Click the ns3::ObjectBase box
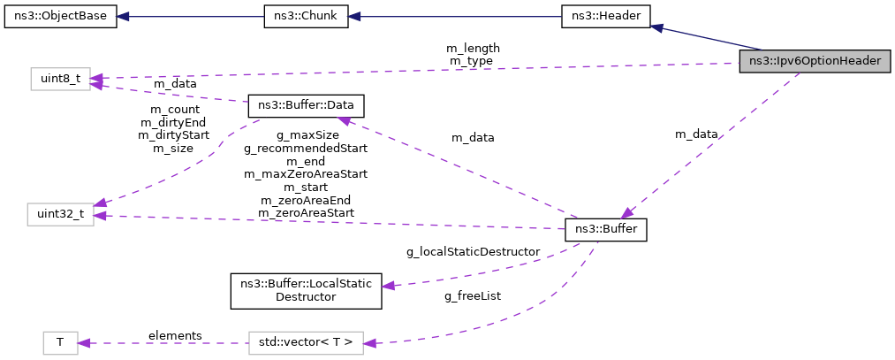pyautogui.click(x=60, y=17)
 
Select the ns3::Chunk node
pyautogui.click(x=306, y=17)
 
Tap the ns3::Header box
pyautogui.click(x=605, y=17)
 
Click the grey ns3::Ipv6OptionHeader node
pyautogui.click(x=814, y=61)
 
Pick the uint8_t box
pyautogui.click(x=60, y=80)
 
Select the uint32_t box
pyautogui.click(x=60, y=215)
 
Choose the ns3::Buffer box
pyautogui.click(x=606, y=229)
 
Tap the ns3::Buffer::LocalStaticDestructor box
pyautogui.click(x=306, y=290)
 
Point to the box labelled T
pyautogui.click(x=60, y=341)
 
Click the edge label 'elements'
pyautogui.click(x=175, y=335)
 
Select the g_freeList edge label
pyautogui.click(x=472, y=295)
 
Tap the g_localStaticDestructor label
pyautogui.click(x=473, y=251)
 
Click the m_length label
pyautogui.click(x=474, y=48)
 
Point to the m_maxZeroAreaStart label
pyautogui.click(x=306, y=174)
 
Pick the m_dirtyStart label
pyautogui.click(x=174, y=135)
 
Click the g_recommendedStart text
pyautogui.click(x=306, y=149)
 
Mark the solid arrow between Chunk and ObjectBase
pyautogui.click(x=190, y=17)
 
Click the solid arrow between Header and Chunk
pyautogui.click(x=454, y=17)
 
